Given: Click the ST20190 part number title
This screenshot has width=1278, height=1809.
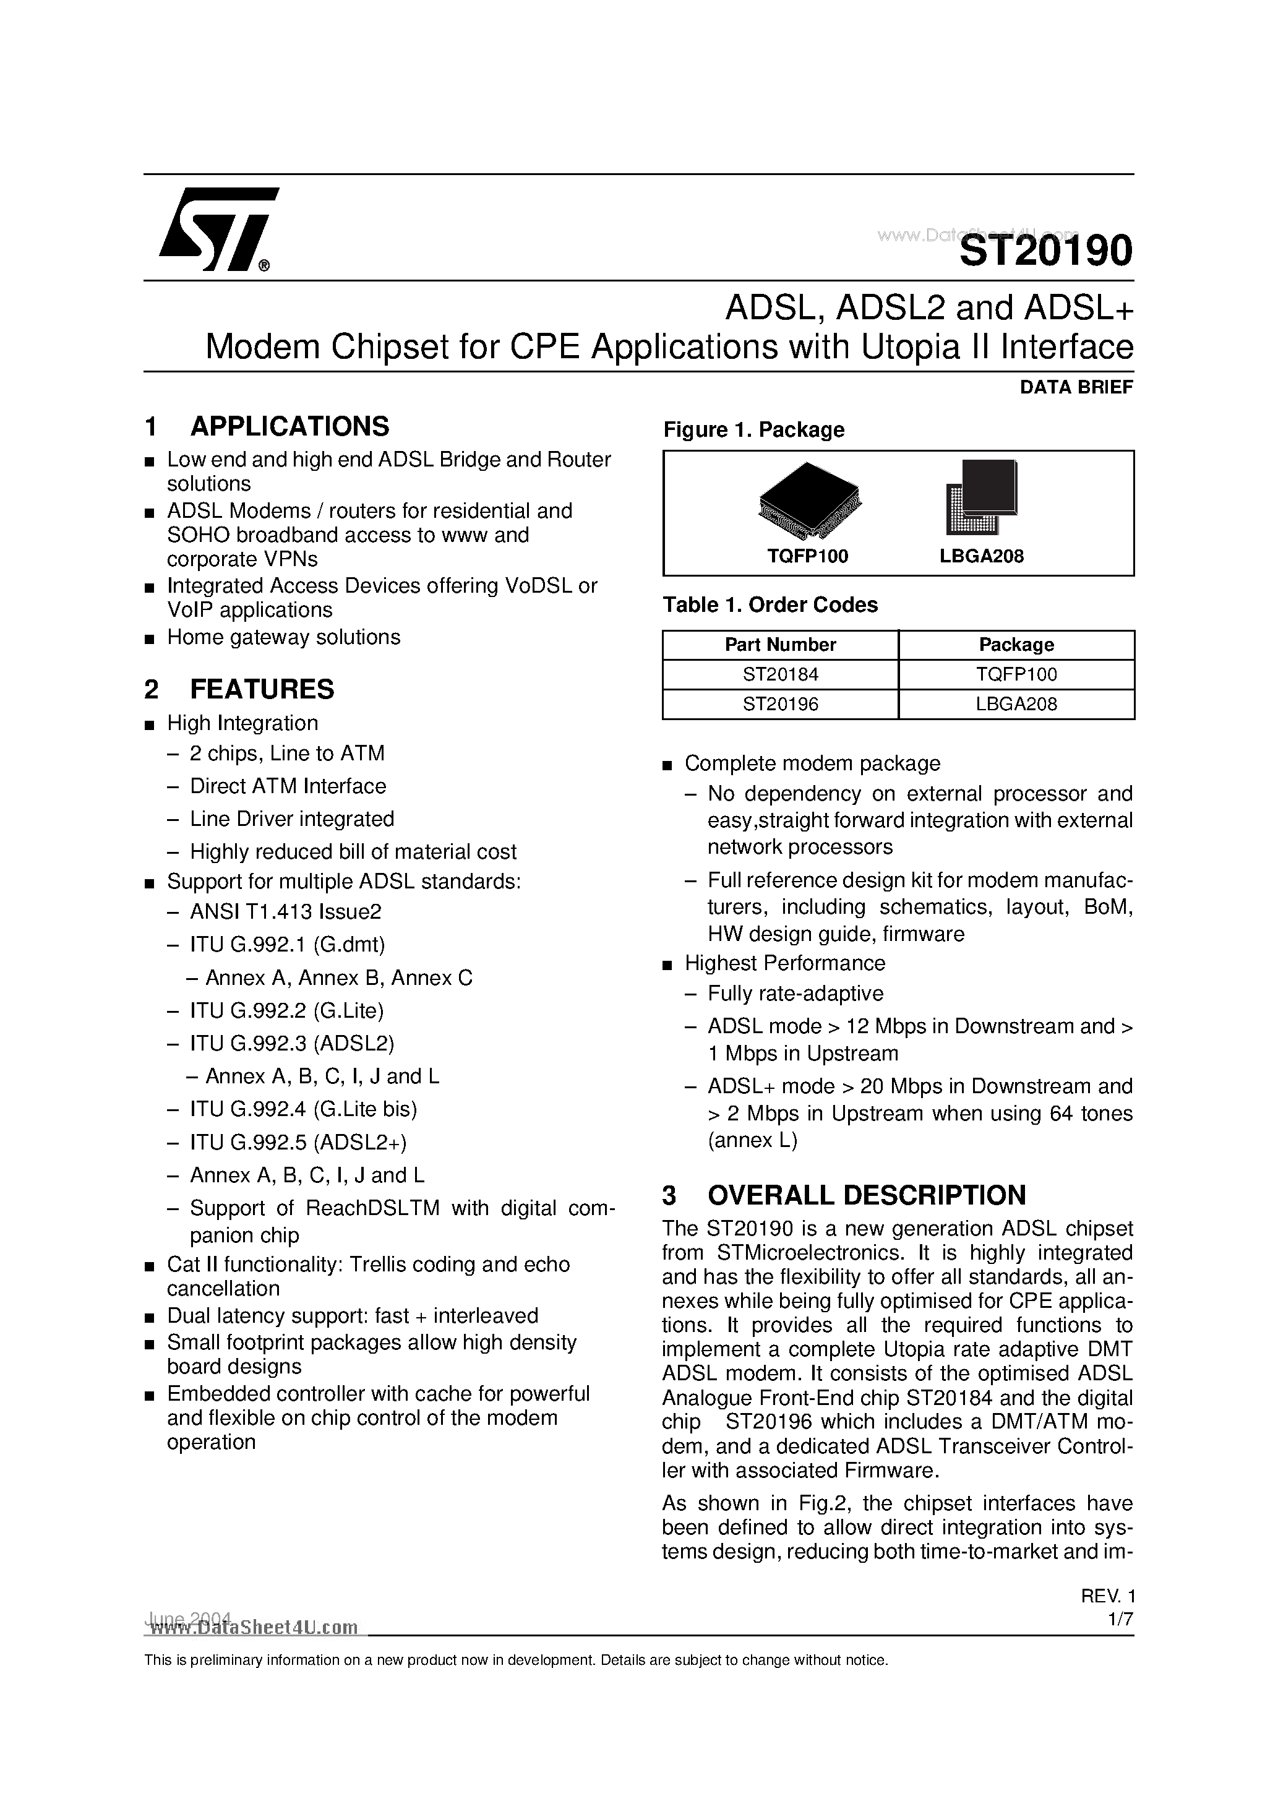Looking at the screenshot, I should (x=1045, y=251).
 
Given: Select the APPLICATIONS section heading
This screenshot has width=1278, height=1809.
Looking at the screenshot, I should (x=289, y=426).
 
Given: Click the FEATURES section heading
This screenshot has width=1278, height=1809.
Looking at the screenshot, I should (x=262, y=689).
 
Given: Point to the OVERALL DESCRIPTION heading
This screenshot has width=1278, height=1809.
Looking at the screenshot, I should (x=866, y=1195).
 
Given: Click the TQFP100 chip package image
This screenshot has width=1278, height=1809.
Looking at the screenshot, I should (x=809, y=499).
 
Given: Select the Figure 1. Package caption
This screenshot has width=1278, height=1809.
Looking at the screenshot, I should (x=753, y=429).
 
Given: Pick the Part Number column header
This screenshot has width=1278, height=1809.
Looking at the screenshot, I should (x=780, y=645).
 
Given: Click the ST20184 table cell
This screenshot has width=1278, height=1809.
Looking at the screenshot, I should (x=780, y=674).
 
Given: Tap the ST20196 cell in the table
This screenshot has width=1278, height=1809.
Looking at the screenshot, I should (x=780, y=705).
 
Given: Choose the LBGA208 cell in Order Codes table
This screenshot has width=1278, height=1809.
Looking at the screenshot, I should (x=1016, y=705).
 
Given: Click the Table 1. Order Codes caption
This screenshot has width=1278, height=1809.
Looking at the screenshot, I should (x=770, y=604).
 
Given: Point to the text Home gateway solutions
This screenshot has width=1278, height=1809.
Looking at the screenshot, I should (x=284, y=637).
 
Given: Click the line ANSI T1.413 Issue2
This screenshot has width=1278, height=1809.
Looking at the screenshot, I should (x=285, y=911).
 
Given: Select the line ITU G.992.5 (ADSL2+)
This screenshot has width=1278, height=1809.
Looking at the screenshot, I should (x=298, y=1141).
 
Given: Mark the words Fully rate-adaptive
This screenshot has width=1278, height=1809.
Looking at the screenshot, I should (x=795, y=994).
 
